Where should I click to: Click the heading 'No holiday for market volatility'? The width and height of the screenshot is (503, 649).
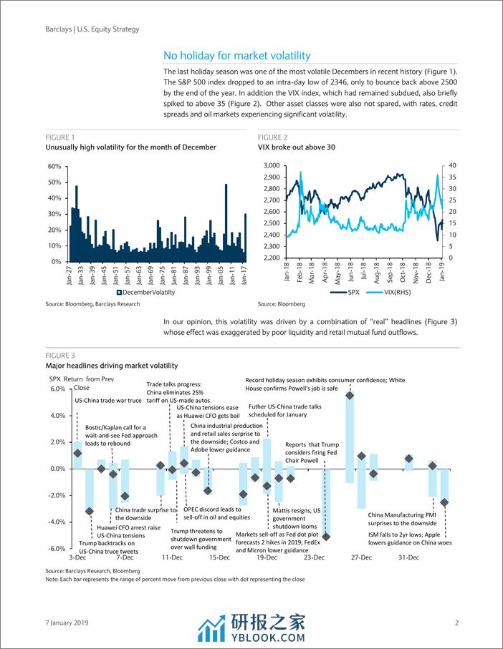tap(237, 56)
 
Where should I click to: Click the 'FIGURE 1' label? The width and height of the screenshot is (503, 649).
tap(59, 137)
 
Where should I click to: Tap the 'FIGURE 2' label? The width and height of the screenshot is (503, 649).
tap(273, 137)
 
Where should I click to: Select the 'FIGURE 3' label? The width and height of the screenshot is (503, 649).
tap(59, 355)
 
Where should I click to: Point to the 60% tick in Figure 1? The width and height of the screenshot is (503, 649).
tap(54, 166)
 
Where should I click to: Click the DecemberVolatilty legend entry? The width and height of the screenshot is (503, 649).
tap(128, 292)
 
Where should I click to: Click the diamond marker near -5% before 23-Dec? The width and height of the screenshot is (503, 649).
tap(326, 536)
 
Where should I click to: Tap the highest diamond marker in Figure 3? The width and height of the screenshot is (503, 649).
tap(349, 395)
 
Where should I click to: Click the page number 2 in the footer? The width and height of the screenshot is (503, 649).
tap(456, 623)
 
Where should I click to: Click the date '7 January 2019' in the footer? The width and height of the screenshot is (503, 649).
tap(66, 623)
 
